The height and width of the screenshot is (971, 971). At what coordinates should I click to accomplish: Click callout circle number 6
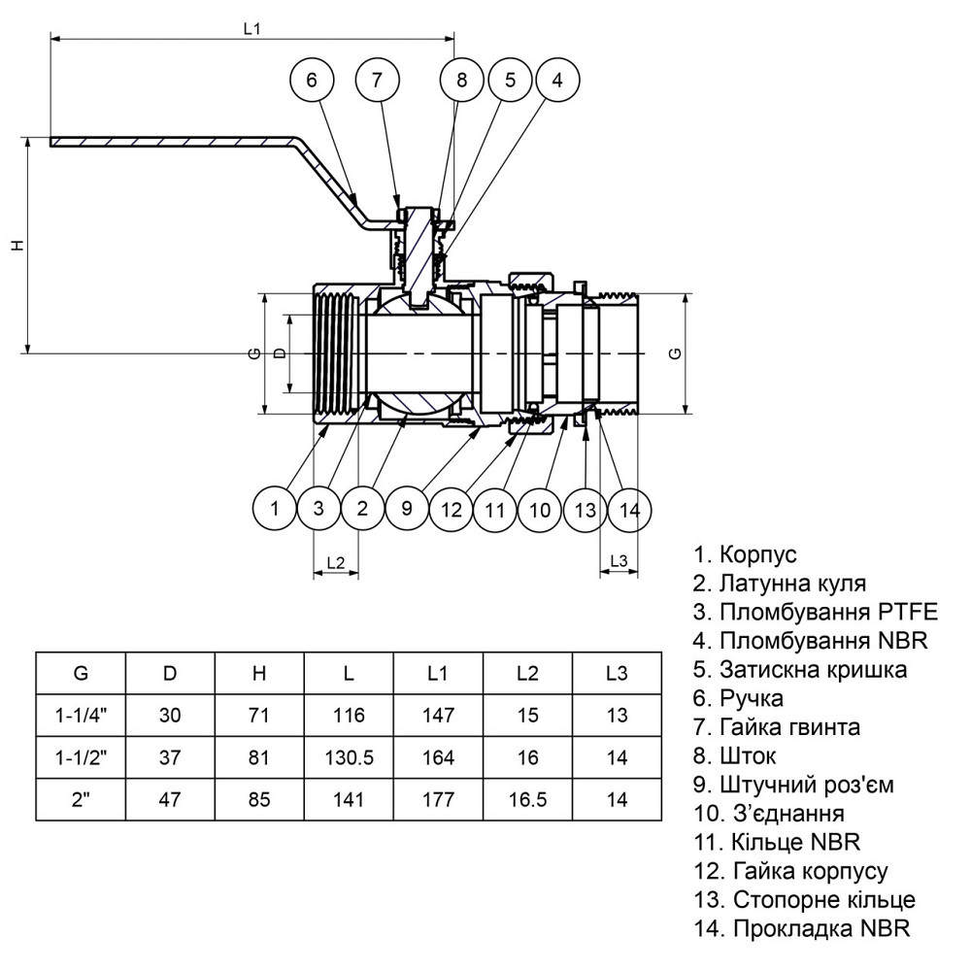(312, 82)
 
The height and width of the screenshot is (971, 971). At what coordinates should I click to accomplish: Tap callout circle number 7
(377, 82)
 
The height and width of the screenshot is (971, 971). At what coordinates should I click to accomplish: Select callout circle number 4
(556, 82)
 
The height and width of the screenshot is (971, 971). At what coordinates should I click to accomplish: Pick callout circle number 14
(630, 509)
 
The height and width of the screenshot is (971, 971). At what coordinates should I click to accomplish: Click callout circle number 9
(408, 509)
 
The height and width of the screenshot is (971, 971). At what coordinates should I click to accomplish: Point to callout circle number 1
(275, 509)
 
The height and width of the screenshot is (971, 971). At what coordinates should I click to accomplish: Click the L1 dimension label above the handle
(251, 29)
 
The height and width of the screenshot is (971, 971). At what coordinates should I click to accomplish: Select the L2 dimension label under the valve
(336, 562)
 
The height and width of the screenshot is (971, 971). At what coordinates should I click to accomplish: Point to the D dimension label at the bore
(280, 353)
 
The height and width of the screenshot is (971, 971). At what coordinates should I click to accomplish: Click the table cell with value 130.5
(349, 758)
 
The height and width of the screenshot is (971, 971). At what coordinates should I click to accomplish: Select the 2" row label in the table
(80, 800)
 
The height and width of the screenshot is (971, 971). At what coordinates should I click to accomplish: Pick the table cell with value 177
(438, 800)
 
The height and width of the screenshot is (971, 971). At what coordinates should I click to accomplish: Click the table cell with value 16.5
(527, 800)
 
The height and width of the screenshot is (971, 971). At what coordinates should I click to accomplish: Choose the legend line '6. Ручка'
(738, 697)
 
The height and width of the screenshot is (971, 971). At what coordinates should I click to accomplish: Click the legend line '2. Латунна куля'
(779, 584)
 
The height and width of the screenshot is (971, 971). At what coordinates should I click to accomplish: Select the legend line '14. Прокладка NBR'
(801, 928)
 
